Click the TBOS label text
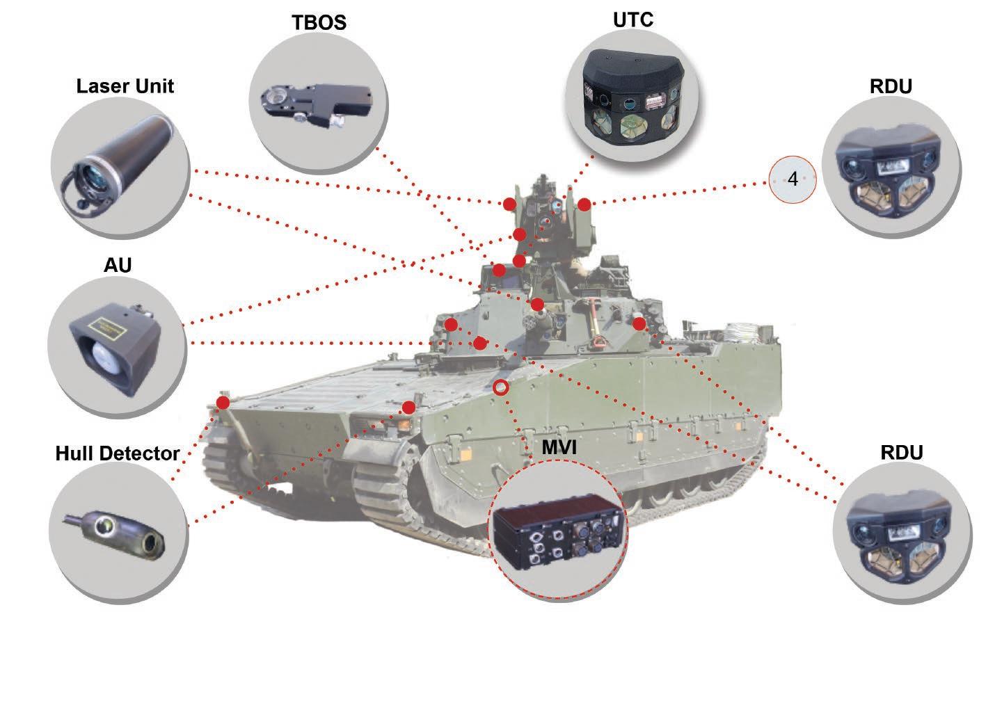(319, 23)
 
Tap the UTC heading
(633, 20)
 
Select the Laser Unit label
(125, 86)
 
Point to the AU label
(118, 265)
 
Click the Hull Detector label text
(118, 453)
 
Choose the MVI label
(559, 447)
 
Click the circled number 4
(793, 179)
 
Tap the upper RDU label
(891, 86)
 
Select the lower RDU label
(901, 453)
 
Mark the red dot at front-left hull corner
(223, 403)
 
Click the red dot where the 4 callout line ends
(584, 204)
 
